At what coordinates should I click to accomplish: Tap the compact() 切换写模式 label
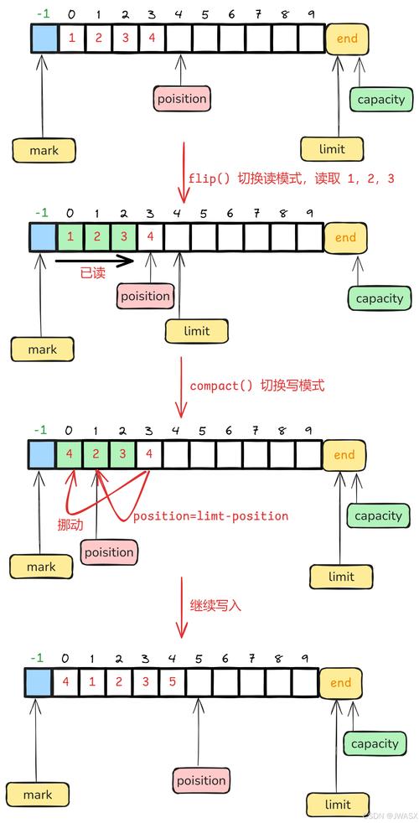click(x=256, y=386)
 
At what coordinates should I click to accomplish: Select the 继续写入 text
click(x=215, y=603)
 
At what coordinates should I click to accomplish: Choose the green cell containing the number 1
click(x=70, y=237)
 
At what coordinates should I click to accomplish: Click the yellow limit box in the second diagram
click(x=197, y=331)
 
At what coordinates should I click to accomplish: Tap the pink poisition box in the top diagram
click(x=181, y=99)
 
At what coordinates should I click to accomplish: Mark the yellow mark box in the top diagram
click(x=43, y=151)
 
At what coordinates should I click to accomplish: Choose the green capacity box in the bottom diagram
click(x=375, y=743)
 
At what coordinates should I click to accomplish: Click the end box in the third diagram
click(x=344, y=455)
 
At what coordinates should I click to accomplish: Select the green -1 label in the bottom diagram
click(x=36, y=658)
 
